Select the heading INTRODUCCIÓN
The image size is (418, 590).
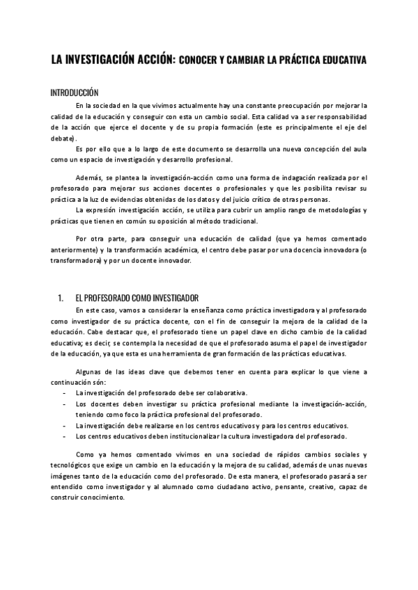pyautogui.click(x=75, y=93)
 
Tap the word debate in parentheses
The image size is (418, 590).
pyautogui.click(x=63, y=138)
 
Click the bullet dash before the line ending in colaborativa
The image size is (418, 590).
pyautogui.click(x=64, y=393)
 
